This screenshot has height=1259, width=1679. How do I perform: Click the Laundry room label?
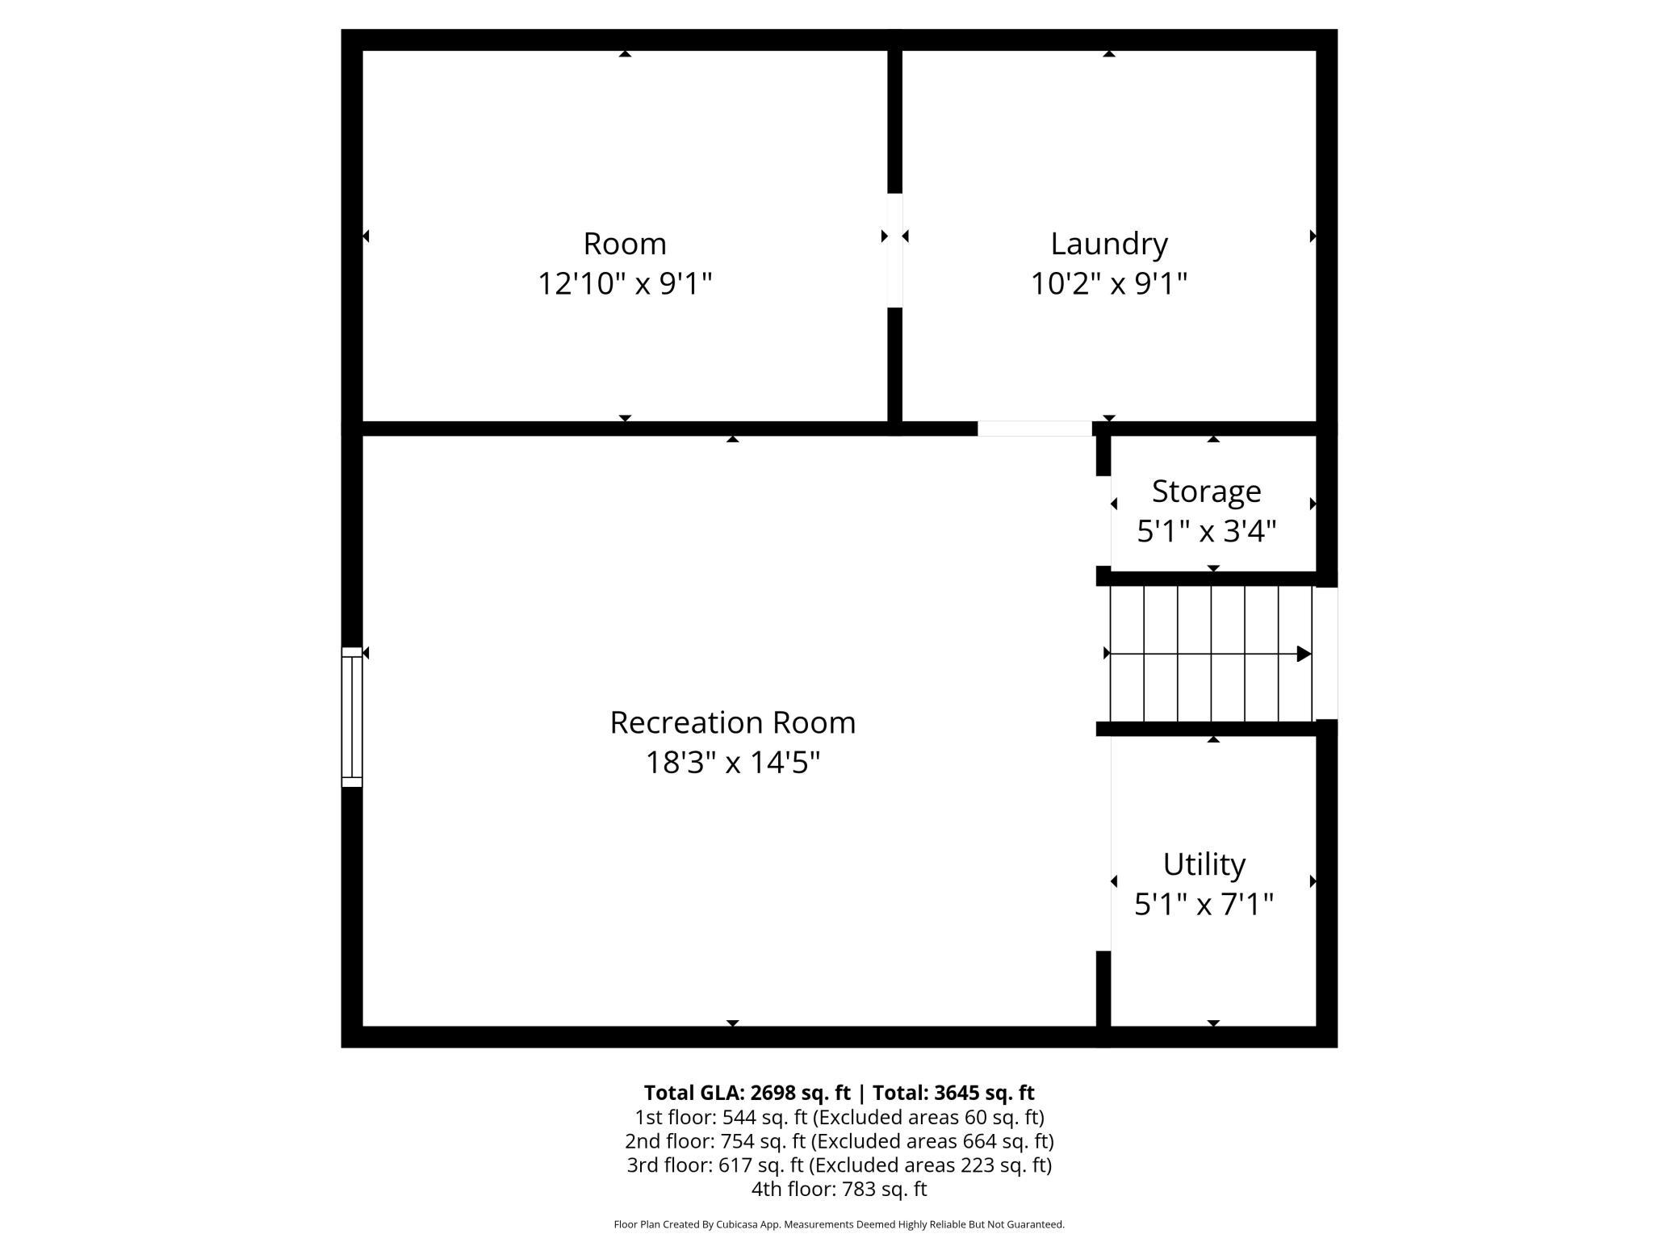[x=1109, y=244]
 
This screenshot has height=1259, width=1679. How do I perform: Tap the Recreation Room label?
[x=732, y=722]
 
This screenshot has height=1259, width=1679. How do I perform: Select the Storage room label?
[x=1206, y=491]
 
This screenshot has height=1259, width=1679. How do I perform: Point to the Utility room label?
[x=1204, y=864]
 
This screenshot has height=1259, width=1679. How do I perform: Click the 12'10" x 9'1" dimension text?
[x=625, y=283]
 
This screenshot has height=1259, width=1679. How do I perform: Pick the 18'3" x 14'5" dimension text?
[x=732, y=762]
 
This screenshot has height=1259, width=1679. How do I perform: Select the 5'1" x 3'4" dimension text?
[x=1206, y=531]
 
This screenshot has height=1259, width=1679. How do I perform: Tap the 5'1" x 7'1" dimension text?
[x=1204, y=904]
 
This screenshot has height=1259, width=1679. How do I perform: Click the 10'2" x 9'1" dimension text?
[x=1109, y=283]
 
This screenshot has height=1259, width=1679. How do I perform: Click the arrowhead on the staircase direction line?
[x=1304, y=654]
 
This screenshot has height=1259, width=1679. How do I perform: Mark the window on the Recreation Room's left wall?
[x=352, y=717]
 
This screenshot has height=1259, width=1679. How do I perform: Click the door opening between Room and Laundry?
[x=894, y=250]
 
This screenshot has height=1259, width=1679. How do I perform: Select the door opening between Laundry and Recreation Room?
[x=1035, y=429]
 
